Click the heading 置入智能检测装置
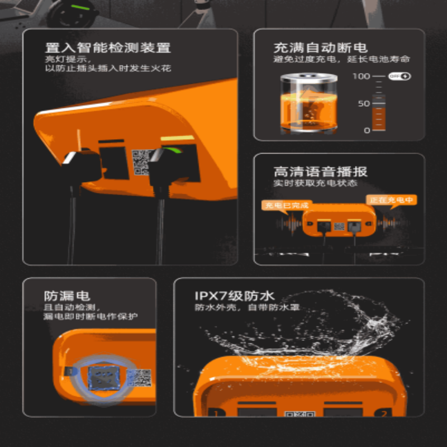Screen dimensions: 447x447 coord(108,47)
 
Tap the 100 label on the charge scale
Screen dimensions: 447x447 coord(363,76)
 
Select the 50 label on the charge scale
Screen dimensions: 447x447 coord(364,103)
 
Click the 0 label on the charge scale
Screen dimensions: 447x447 coord(367,130)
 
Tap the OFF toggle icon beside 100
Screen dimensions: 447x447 coord(400,76)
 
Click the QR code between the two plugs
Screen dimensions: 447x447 coord(141,162)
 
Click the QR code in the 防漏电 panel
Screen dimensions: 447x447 coord(139,378)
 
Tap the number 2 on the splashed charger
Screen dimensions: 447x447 coord(383,414)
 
